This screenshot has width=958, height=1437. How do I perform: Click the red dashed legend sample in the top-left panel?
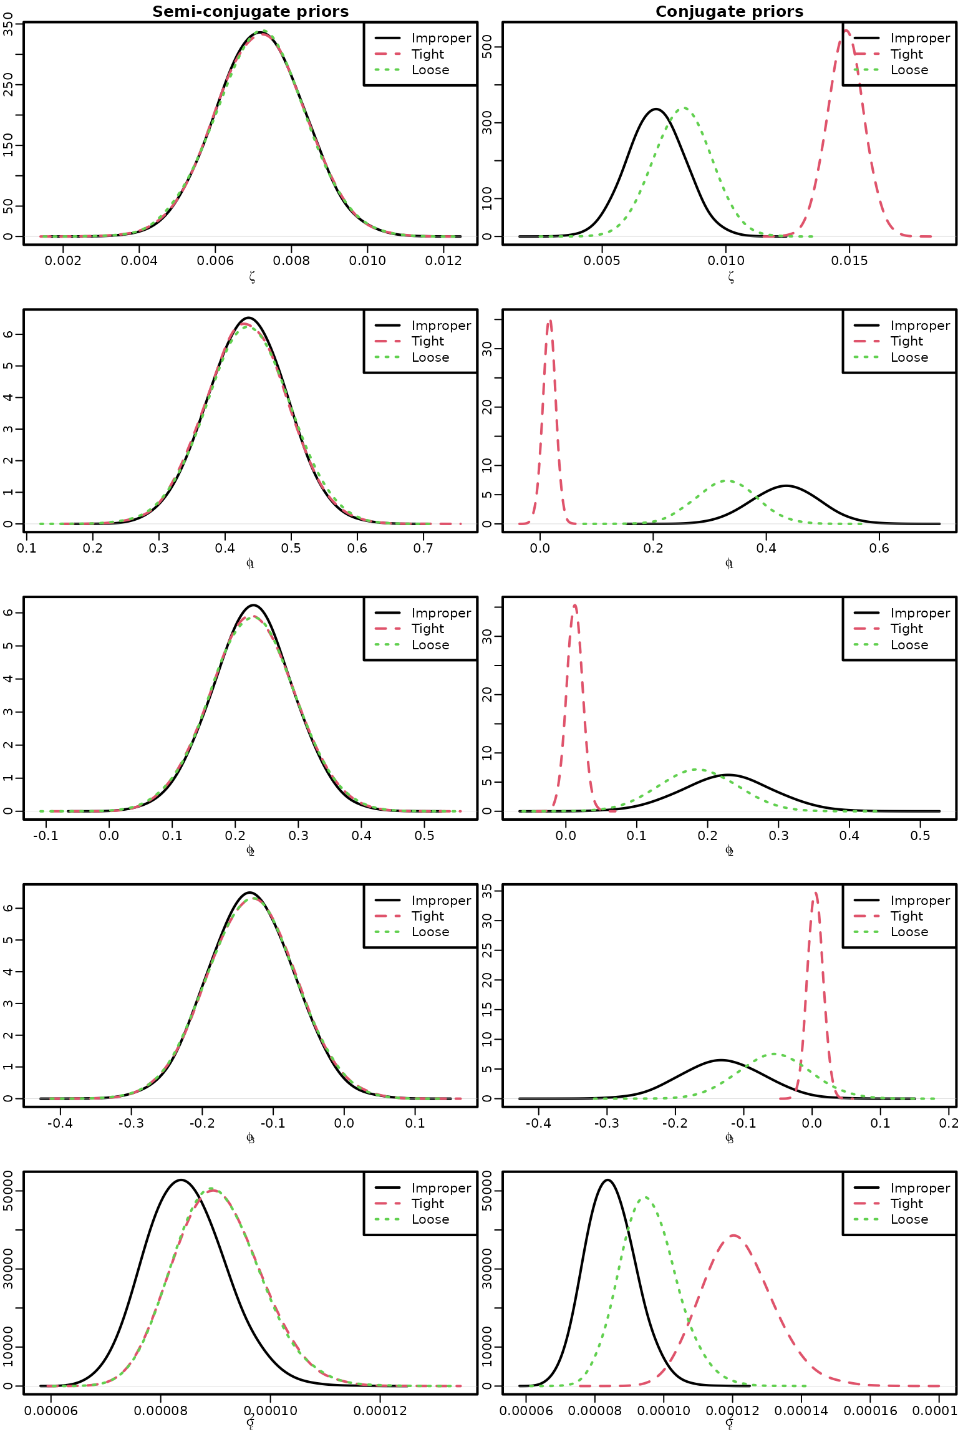pos(387,54)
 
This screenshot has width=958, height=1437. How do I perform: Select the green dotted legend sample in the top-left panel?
pos(387,69)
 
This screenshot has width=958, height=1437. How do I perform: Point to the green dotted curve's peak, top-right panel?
pos(684,108)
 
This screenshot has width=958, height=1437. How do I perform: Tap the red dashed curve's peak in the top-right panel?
pos(846,30)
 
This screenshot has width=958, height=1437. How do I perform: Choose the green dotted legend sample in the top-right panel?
pos(866,69)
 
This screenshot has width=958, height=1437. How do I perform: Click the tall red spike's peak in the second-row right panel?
pos(549,321)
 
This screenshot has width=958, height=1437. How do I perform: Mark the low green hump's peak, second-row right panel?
pos(727,481)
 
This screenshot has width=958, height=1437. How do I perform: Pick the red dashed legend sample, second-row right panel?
pos(866,341)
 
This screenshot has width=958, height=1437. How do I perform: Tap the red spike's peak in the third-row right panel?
pos(574,605)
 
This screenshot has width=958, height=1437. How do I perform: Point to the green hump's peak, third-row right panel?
pos(697,769)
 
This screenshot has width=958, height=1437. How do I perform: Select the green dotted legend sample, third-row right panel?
pos(866,644)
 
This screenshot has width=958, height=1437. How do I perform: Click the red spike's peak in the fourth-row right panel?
pos(815,893)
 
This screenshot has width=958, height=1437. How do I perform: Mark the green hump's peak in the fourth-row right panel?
pos(774,1054)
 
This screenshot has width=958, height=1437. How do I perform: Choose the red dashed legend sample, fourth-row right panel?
pos(866,916)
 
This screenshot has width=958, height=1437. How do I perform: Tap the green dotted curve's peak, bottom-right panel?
pos(646,1197)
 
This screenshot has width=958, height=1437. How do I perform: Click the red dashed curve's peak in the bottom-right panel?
pos(733,1234)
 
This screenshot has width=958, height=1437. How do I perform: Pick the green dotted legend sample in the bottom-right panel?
pos(866,1219)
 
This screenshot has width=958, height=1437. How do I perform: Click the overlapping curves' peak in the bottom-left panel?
pos(212,1189)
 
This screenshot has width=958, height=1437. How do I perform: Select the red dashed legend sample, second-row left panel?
pos(387,341)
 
